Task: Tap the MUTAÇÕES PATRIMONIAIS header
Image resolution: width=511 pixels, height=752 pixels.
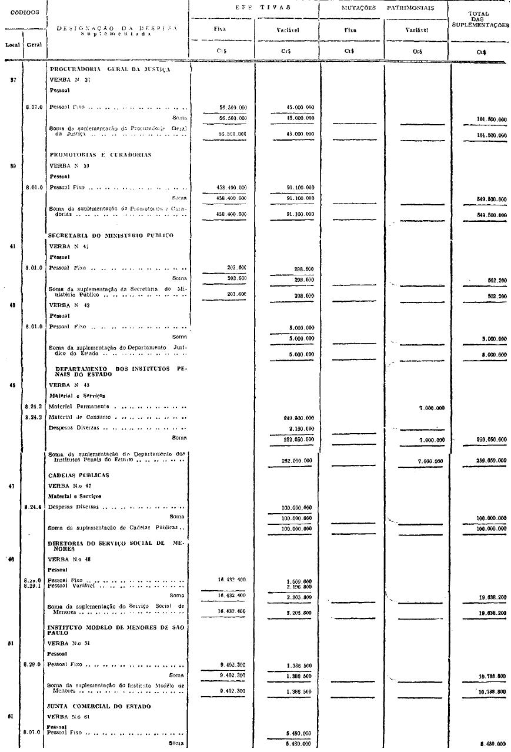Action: [x=384, y=8]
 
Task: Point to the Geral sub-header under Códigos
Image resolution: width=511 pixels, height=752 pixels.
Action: [x=34, y=44]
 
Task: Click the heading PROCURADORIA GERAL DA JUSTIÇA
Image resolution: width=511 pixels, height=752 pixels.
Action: [x=110, y=69]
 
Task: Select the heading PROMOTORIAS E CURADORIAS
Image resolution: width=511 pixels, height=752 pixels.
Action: [x=100, y=155]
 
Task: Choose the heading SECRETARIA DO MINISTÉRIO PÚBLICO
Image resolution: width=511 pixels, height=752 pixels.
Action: [x=111, y=235]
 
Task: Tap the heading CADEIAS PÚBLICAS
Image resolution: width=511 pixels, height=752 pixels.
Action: [x=78, y=475]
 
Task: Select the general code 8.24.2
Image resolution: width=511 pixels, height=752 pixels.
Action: [x=34, y=407]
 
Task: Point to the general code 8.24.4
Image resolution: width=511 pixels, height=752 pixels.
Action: [x=34, y=506]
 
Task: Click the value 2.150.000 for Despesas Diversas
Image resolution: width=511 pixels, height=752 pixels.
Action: [x=299, y=428]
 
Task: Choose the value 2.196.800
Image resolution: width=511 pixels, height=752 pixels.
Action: [x=299, y=587]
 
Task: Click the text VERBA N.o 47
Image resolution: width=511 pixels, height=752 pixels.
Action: [x=69, y=486]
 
